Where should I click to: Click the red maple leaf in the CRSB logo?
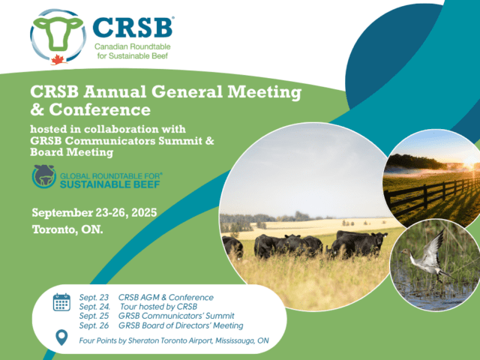tap(58, 60)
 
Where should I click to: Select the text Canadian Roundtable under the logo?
tap(132, 46)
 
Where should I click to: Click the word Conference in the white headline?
tap(100, 109)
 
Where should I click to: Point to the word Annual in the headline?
tap(114, 91)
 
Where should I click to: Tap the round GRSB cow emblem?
tap(44, 176)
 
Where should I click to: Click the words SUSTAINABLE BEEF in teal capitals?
tap(110, 184)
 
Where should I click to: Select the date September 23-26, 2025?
tap(94, 212)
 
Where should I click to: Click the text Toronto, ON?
tap(67, 229)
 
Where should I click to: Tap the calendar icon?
tap(61, 302)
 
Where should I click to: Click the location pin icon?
tap(61, 337)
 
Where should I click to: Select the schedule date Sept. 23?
tap(94, 298)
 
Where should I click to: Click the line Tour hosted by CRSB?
tap(158, 307)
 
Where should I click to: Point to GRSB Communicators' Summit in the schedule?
tap(176, 316)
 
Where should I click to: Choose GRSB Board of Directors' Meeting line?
tap(181, 325)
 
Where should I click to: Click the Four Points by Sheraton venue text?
tap(174, 340)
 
